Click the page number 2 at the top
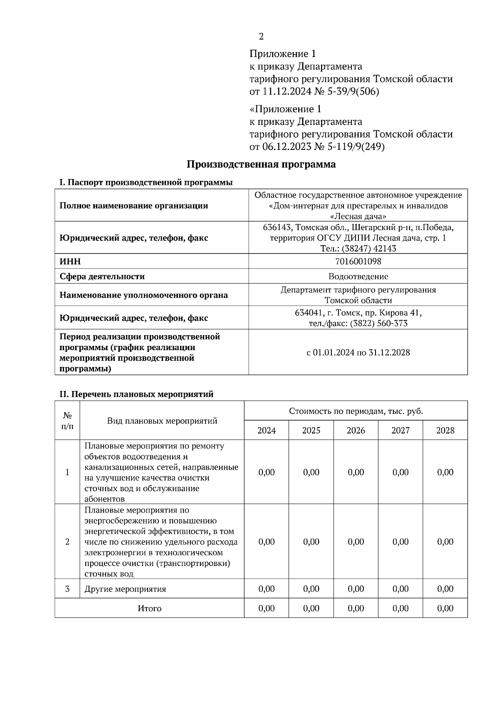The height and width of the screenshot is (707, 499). [x=261, y=37]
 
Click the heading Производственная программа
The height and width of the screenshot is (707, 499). [x=261, y=164]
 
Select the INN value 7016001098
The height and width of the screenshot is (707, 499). [x=358, y=261]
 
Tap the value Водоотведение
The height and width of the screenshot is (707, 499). [x=358, y=276]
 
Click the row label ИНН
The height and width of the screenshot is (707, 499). [x=70, y=261]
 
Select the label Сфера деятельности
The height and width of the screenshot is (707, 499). [x=102, y=276]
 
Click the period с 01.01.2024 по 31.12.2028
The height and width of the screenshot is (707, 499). [x=358, y=353]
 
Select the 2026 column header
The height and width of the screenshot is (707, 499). [x=356, y=431]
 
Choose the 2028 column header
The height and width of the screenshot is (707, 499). [x=445, y=431]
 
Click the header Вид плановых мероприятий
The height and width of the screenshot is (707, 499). [x=162, y=421]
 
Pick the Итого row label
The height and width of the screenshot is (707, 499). [x=150, y=608]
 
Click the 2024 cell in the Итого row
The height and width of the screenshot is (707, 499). [x=267, y=608]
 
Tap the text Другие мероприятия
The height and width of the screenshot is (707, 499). [x=125, y=589]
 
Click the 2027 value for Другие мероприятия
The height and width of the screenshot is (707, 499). [x=400, y=589]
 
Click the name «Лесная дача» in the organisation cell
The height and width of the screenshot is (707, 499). [x=358, y=217]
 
